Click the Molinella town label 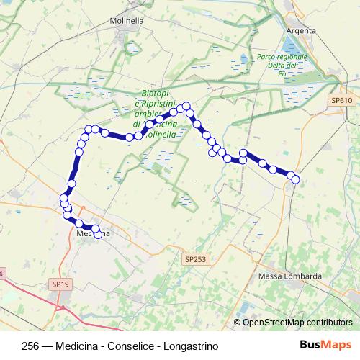coord(127,21)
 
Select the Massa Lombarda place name coord(289,276)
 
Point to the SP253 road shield coord(194,258)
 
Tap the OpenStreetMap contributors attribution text coord(297,323)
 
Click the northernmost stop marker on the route coord(186,106)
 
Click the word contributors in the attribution coord(328,323)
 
